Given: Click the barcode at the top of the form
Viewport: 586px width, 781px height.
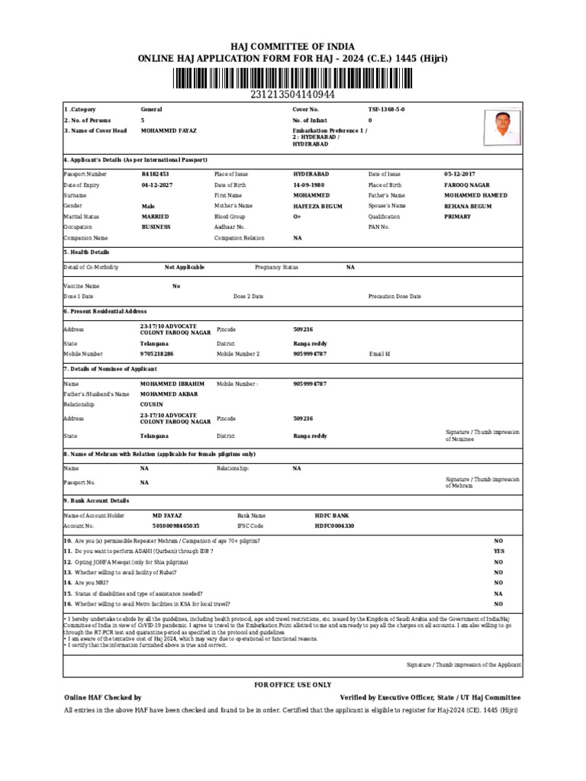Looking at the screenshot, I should (x=292, y=79).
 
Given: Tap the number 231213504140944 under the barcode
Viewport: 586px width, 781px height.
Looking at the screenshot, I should (x=292, y=95).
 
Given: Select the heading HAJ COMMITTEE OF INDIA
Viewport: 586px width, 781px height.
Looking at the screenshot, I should (x=292, y=47).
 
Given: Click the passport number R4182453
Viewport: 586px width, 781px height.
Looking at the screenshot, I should (x=156, y=175).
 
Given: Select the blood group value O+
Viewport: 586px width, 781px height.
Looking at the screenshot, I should (x=298, y=217).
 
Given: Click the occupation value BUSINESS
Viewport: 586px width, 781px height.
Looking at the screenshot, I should (x=156, y=227).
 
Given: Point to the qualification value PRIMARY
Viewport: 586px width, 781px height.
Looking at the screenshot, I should (x=458, y=217).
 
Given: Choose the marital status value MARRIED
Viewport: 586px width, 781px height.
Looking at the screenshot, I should (x=156, y=217).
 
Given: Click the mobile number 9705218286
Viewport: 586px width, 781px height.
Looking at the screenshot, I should (x=157, y=354).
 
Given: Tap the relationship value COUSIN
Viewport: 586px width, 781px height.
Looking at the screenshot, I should (x=152, y=404).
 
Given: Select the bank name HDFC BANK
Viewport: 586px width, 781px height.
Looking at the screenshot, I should (x=332, y=516).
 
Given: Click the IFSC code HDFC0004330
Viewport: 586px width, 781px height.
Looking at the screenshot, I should (x=334, y=526).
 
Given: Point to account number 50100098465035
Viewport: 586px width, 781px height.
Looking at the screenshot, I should (x=176, y=526).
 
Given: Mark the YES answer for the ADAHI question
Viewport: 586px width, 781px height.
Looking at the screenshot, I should (x=498, y=551).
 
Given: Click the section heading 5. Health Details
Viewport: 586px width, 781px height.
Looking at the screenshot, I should (x=86, y=252).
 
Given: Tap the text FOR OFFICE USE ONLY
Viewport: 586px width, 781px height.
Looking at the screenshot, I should (x=292, y=685).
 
